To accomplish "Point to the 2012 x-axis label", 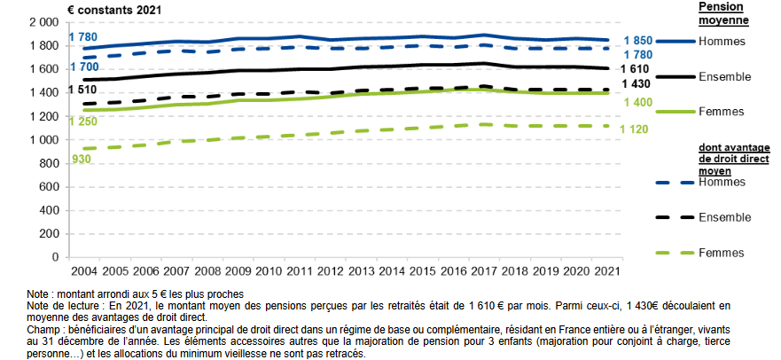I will pyautogui.click(x=329, y=270).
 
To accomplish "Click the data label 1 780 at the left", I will pyautogui.click(x=82, y=37).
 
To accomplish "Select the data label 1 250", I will pyautogui.click(x=82, y=121).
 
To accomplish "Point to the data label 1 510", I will pyautogui.click(x=82, y=90).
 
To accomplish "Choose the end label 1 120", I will pyautogui.click(x=637, y=128).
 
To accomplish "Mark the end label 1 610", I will pyautogui.click(x=637, y=69).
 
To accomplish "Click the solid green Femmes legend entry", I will pyautogui.click(x=699, y=111).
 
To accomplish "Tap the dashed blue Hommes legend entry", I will pyautogui.click(x=699, y=182).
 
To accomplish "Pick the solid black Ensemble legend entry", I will pyautogui.click(x=699, y=76).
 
